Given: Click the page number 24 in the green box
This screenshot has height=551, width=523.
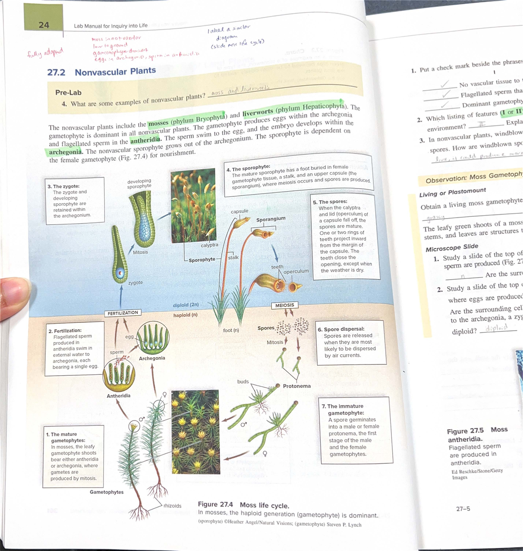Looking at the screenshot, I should point(44,25).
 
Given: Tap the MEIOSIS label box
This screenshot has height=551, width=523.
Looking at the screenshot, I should point(285,305).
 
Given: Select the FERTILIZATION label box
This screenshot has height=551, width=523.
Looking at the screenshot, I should point(123,313).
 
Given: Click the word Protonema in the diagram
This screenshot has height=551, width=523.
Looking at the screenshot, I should point(297,386).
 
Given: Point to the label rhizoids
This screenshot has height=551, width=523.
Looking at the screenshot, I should point(173,506).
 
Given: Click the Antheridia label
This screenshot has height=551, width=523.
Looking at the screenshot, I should point(119,396).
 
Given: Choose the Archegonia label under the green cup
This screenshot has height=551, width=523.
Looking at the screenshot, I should point(152,358).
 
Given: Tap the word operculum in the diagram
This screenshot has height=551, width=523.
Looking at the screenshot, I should point(296,271).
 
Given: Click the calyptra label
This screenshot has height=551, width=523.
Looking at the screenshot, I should point(209,245).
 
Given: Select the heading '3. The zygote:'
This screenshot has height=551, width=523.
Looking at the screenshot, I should point(63,186).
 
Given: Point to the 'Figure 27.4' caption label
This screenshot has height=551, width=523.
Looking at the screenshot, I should point(215,505).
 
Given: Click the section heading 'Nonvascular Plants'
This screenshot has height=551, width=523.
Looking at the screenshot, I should point(115,71).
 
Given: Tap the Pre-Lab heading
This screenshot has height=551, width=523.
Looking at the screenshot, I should point(68,92).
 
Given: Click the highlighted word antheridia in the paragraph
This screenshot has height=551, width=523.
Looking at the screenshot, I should point(146,140).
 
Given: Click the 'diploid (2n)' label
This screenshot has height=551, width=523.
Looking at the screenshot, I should point(186,305).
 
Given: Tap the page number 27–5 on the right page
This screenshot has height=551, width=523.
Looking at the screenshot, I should point(463,509).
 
